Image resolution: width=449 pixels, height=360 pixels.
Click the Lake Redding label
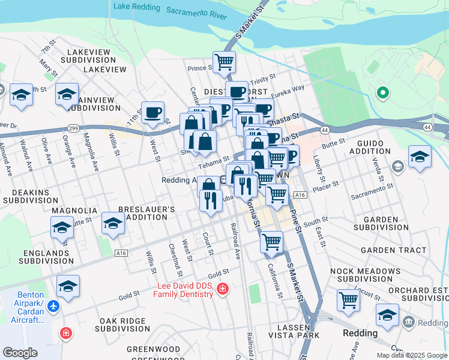click(x=136, y=8)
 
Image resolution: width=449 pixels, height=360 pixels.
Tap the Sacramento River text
click(x=196, y=13)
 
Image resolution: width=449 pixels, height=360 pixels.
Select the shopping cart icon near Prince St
click(x=224, y=61)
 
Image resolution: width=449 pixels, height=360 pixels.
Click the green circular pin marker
click(x=381, y=92)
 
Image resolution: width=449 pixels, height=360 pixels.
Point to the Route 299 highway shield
click(x=73, y=128)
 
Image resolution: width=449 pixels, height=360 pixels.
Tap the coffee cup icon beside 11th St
click(x=152, y=112)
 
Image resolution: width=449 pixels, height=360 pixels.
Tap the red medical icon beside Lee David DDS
click(x=223, y=290)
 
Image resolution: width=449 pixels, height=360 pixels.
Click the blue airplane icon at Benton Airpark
click(x=54, y=306)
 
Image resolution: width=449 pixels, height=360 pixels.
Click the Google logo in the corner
click(x=20, y=353)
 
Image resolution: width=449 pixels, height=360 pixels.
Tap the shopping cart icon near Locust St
click(x=348, y=300)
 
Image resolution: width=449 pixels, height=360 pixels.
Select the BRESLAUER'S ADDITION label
click(x=146, y=213)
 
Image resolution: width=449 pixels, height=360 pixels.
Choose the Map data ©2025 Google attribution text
click(x=411, y=355)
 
